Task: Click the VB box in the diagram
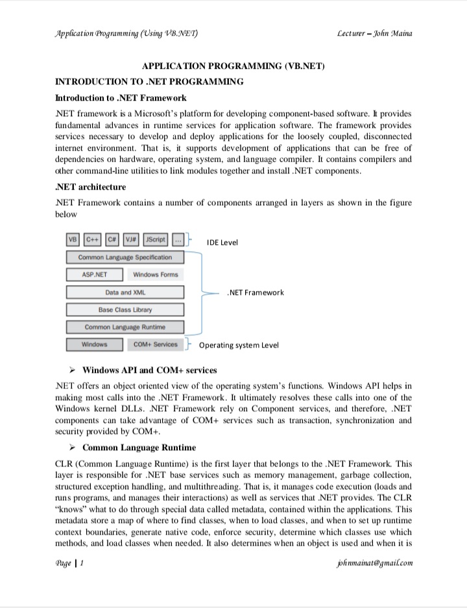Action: click(x=73, y=240)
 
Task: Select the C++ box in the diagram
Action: click(x=93, y=240)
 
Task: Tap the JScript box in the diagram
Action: click(x=156, y=240)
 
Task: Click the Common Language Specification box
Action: click(x=125, y=257)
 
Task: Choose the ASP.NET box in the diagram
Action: click(x=95, y=275)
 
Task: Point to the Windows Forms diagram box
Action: click(x=155, y=275)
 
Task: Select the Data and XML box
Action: click(x=125, y=292)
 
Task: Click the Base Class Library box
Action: click(x=125, y=310)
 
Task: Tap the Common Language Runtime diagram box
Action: click(x=125, y=327)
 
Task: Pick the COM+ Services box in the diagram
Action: click(x=155, y=344)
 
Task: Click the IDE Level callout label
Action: click(x=222, y=243)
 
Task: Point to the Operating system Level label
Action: click(x=239, y=345)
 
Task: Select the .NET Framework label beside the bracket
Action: click(x=256, y=292)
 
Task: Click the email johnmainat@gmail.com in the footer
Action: click(x=371, y=563)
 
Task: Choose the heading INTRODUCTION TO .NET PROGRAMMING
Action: click(x=150, y=82)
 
